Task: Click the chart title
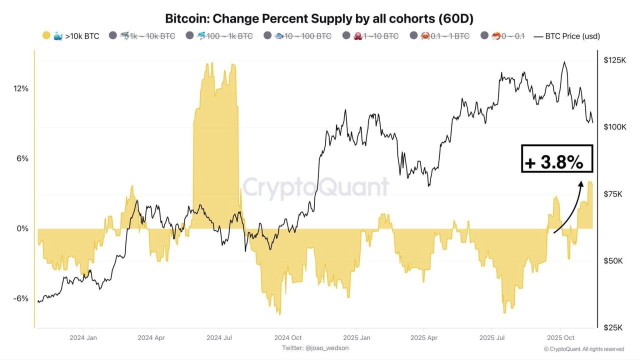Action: pos(319,18)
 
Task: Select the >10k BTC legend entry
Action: pos(70,36)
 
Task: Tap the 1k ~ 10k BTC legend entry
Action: pos(142,36)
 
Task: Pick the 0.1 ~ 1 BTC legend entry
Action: pos(439,36)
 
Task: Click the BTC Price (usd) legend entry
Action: pos(567,36)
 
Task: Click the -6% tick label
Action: pos(21,298)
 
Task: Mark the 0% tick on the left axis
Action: pos(23,228)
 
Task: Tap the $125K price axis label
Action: pos(614,60)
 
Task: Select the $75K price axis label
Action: pos(613,194)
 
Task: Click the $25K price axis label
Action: pos(613,327)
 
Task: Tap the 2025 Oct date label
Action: pos(561,337)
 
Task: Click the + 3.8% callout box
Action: pos(556,158)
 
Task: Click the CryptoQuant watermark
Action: pos(315,187)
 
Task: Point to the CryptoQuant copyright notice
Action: pos(583,349)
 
